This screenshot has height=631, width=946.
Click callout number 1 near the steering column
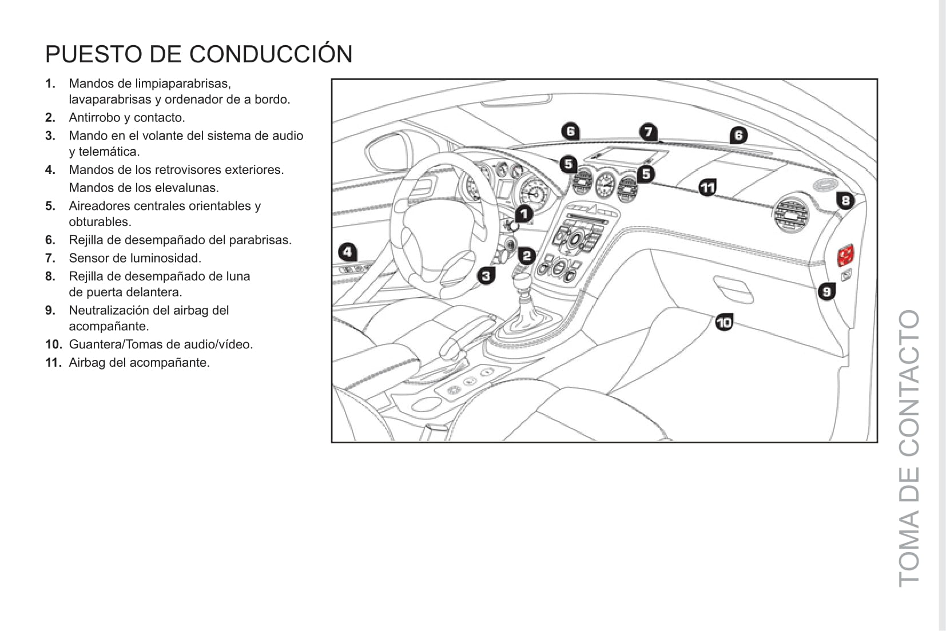(524, 214)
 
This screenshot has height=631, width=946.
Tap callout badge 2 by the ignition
(527, 256)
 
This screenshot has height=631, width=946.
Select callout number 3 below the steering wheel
(486, 276)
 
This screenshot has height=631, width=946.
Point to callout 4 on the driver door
(347, 252)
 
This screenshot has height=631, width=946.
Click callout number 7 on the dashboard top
(648, 132)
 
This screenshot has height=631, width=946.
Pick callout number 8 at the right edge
(845, 200)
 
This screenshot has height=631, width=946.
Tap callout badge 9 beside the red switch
(826, 292)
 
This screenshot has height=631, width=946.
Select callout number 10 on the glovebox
(724, 323)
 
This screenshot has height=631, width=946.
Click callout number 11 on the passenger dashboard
(707, 187)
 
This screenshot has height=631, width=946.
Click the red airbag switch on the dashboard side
(846, 255)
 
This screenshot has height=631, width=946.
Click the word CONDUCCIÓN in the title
(271, 54)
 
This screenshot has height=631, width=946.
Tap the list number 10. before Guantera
(53, 344)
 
